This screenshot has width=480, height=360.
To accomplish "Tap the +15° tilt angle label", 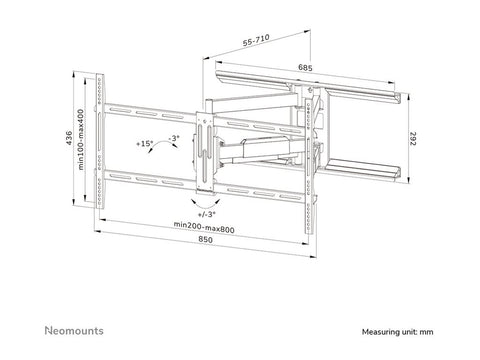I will pyautogui.click(x=147, y=144).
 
